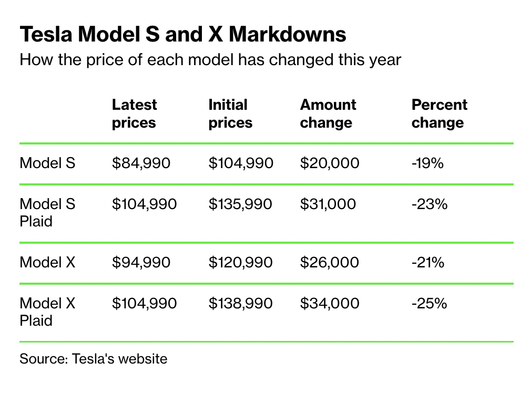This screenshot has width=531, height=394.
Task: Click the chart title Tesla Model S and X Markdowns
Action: click(x=183, y=35)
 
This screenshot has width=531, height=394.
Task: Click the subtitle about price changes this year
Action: click(x=210, y=60)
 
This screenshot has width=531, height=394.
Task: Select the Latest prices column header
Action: click(x=134, y=113)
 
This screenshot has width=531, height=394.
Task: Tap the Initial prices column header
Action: click(x=230, y=113)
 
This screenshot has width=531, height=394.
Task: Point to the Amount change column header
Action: click(x=328, y=113)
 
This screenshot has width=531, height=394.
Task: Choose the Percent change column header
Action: click(x=439, y=113)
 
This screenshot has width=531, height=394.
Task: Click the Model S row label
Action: click(x=47, y=163)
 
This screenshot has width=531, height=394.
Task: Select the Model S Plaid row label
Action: click(x=47, y=212)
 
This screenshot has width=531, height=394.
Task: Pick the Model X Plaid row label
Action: click(x=47, y=312)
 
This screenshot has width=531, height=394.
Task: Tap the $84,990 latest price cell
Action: click(x=141, y=163)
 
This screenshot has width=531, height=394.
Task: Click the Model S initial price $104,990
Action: click(x=241, y=163)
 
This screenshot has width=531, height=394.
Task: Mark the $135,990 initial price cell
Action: click(x=240, y=204)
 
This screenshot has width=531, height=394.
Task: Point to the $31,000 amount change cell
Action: click(x=328, y=204)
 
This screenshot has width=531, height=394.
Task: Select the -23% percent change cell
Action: click(x=429, y=204)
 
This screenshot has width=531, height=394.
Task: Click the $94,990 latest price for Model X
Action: click(x=141, y=262)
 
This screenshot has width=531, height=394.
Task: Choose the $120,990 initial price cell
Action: click(x=240, y=262)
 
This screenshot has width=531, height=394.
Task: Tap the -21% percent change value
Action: click(x=428, y=262)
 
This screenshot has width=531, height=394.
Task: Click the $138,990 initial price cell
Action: click(x=240, y=303)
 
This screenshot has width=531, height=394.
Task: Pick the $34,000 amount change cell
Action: click(x=329, y=303)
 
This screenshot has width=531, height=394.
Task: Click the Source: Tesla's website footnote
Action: click(x=93, y=359)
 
